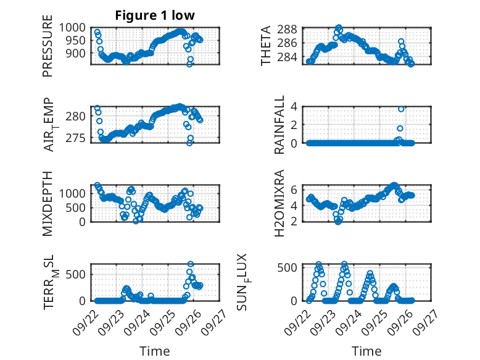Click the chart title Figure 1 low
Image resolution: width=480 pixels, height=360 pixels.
pos(155,15)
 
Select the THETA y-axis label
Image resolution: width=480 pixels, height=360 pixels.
pos(266,46)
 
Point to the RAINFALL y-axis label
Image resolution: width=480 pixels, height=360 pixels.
pos(279,125)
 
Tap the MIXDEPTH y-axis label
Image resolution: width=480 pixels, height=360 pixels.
pos(48,203)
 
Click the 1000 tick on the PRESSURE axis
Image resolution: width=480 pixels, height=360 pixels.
pos(75,28)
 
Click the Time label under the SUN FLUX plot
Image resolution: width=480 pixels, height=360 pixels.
pos(366,351)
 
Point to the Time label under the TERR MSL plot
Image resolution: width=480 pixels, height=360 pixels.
pos(155,351)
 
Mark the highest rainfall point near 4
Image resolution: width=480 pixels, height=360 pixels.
pos(401,109)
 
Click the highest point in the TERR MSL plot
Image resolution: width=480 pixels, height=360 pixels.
pos(191,264)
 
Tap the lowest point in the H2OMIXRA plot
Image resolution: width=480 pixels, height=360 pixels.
pos(338,222)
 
